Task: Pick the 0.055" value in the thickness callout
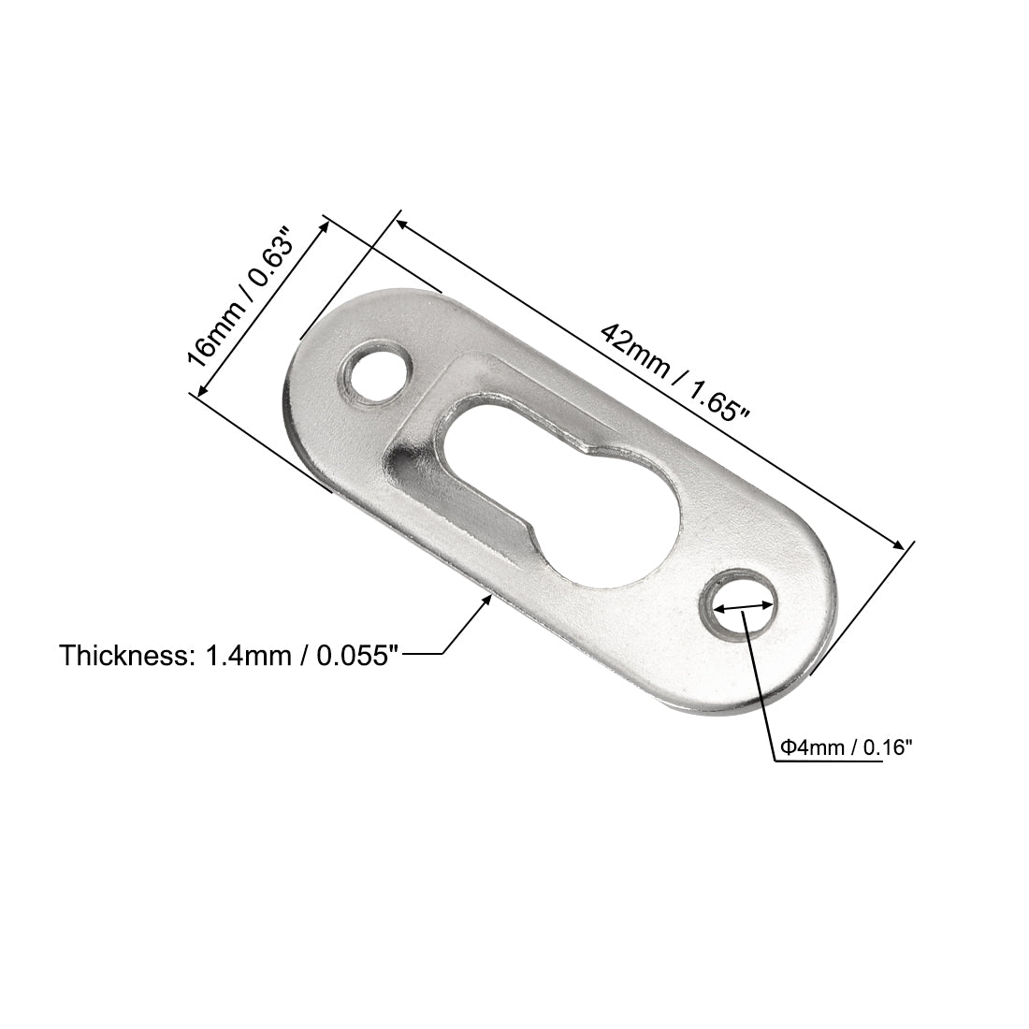(355, 656)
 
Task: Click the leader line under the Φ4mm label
(828, 762)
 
